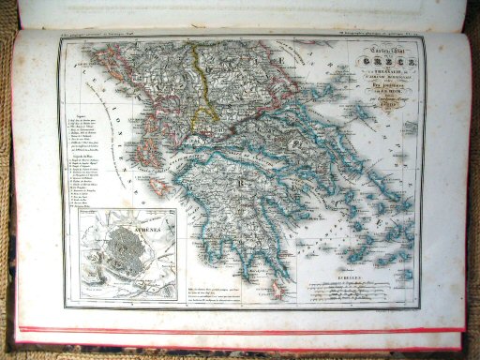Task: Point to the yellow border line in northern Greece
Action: point(199,84)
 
